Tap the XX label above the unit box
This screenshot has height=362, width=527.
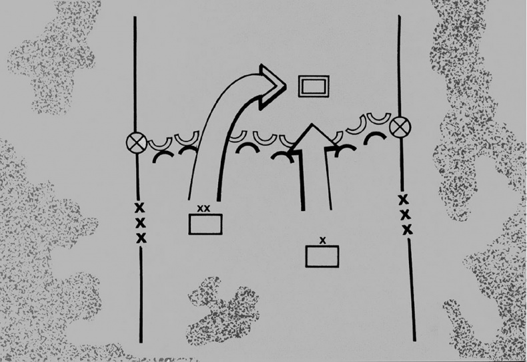pos(203,208)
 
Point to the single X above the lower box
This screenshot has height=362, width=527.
pos(323,240)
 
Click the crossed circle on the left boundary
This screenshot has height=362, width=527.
pos(137,143)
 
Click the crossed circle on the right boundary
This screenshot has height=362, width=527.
pos(400,128)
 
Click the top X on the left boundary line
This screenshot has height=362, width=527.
pos(139,208)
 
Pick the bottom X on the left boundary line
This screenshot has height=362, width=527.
pos(141,238)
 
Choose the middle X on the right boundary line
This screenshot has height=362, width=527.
pos(406,214)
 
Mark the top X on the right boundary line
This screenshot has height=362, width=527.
pos(404,200)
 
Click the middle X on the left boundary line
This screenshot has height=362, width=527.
pos(141,222)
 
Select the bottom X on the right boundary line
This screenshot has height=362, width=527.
pos(408,230)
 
